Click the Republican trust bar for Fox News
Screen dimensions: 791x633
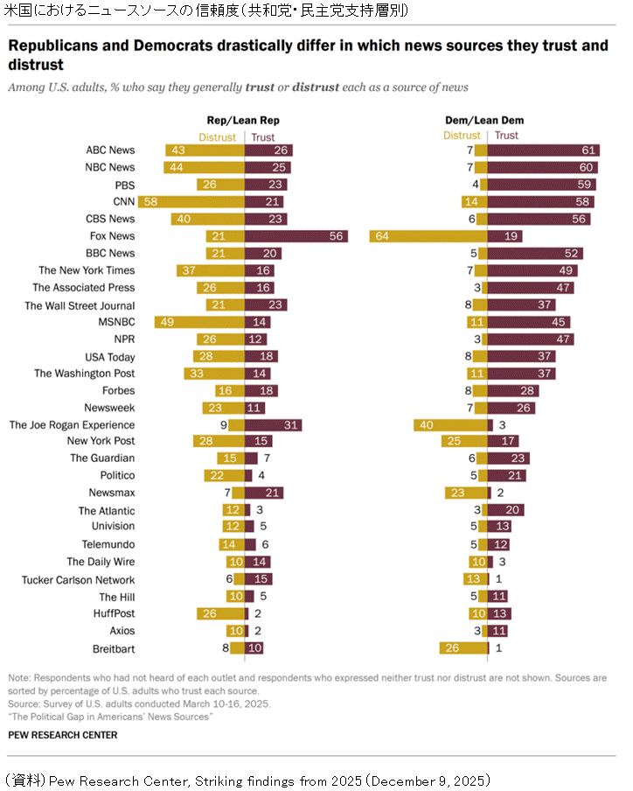click(x=296, y=236)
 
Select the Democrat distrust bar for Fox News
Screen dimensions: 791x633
click(x=428, y=236)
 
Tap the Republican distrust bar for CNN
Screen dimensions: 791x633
click(x=191, y=202)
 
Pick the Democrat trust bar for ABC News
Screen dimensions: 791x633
click(x=543, y=150)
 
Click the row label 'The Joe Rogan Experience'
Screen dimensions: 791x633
click(x=72, y=425)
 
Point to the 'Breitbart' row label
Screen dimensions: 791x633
click(x=113, y=649)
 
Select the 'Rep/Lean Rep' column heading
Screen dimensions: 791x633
click(x=243, y=120)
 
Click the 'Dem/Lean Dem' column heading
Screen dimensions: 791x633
click(x=487, y=120)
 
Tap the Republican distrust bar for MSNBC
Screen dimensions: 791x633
click(x=199, y=322)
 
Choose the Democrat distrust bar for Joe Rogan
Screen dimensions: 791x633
click(x=450, y=425)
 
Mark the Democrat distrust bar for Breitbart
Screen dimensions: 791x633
click(x=463, y=649)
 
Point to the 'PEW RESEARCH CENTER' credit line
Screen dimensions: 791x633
click(x=62, y=735)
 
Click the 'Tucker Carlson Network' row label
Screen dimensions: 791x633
click(x=79, y=579)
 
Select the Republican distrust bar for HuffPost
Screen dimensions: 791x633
click(x=220, y=614)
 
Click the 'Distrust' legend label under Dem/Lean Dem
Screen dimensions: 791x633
click(x=462, y=136)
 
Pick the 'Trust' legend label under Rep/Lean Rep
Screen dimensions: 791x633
click(x=262, y=136)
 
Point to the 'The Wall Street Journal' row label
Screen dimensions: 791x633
click(x=80, y=305)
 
